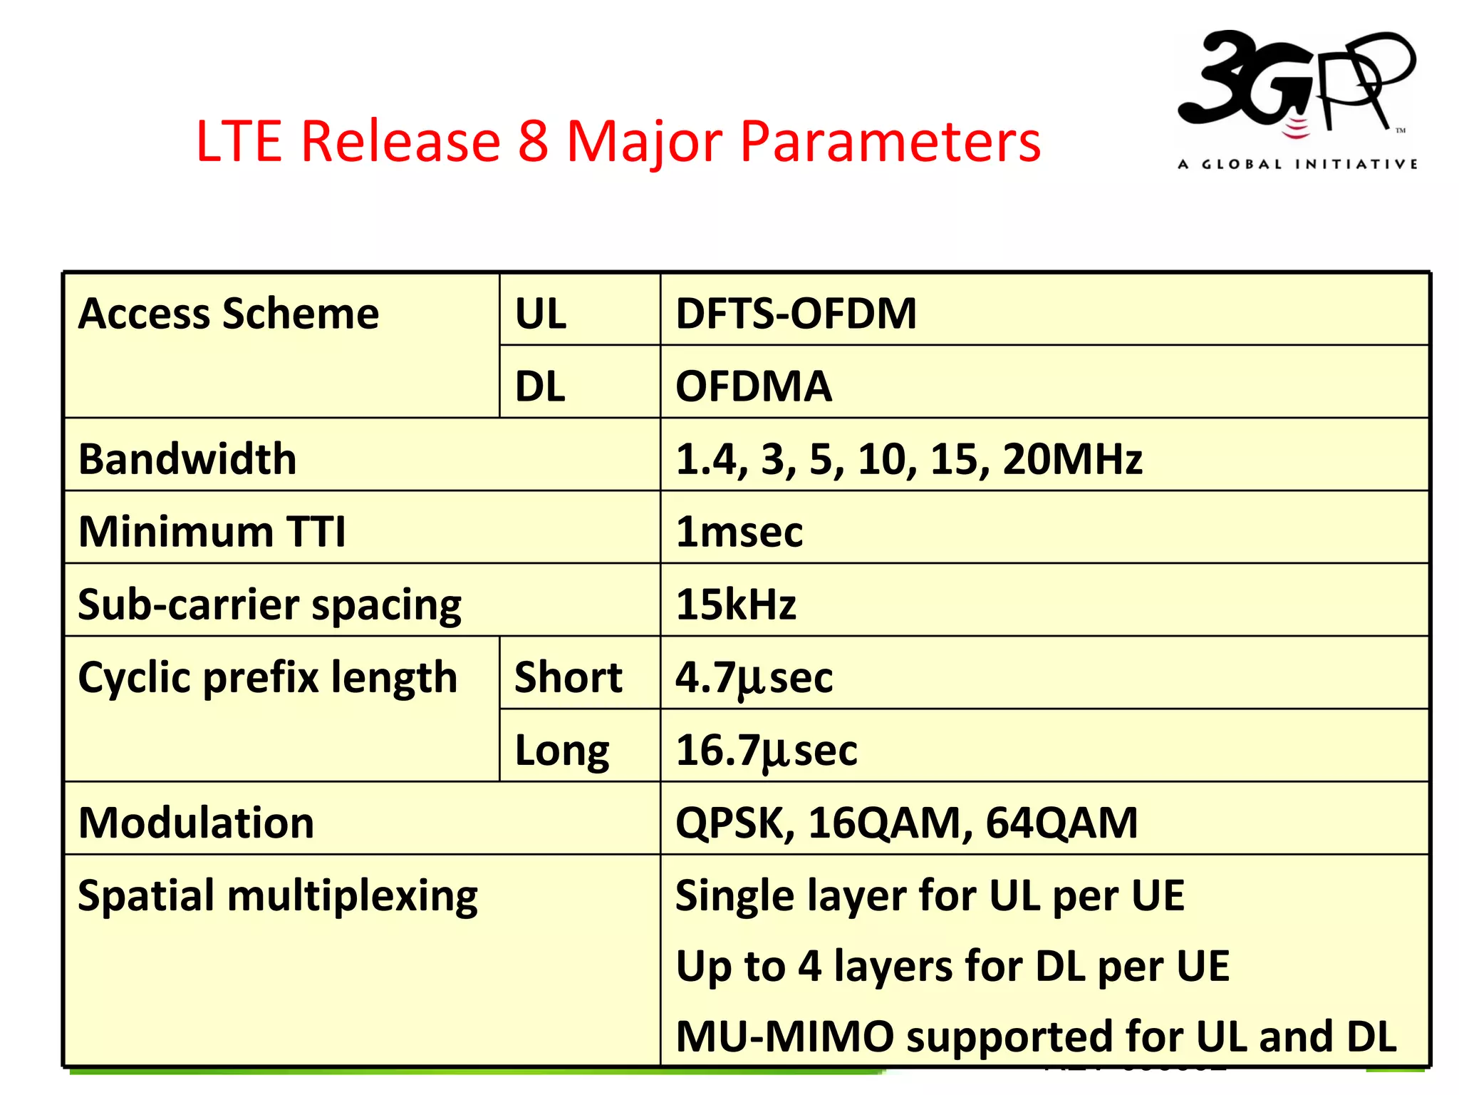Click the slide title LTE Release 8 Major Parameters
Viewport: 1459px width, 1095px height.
tap(618, 141)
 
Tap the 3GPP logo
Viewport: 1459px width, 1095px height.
tap(1297, 100)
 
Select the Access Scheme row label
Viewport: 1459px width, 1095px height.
tap(229, 314)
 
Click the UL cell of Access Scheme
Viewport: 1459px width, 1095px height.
tap(541, 314)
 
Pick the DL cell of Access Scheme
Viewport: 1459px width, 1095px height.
tap(540, 387)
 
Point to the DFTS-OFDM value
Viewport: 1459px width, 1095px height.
tap(796, 314)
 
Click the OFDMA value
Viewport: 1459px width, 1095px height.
tap(754, 387)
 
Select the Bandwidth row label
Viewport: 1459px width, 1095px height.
tap(187, 459)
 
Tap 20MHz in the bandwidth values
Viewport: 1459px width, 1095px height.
tap(1072, 459)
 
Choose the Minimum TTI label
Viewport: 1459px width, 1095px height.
tap(212, 532)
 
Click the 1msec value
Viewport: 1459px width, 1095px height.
tap(739, 532)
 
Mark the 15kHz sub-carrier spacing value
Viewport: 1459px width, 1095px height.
tap(736, 605)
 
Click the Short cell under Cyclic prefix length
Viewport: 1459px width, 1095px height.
tap(568, 677)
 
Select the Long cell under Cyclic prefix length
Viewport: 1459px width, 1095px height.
tap(562, 750)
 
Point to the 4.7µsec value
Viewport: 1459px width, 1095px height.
tap(754, 677)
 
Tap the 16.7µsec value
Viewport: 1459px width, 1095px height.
tap(766, 750)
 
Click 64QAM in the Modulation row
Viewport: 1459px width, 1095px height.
tap(1061, 823)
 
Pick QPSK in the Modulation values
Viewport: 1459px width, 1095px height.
tap(734, 823)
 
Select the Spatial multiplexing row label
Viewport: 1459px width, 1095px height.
tap(278, 895)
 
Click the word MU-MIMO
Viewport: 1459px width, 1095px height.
tap(784, 1037)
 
